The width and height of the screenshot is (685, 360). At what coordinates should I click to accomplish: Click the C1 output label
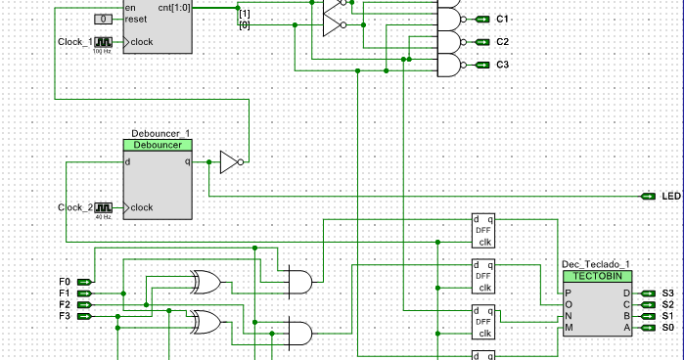click(x=502, y=20)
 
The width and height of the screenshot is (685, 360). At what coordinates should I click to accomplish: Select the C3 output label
click(x=502, y=65)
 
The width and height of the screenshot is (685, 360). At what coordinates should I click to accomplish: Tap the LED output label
click(x=670, y=197)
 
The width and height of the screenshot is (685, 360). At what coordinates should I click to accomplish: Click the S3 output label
click(x=667, y=293)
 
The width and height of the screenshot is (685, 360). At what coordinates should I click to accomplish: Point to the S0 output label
click(x=667, y=328)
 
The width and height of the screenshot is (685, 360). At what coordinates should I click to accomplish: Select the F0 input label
click(x=65, y=282)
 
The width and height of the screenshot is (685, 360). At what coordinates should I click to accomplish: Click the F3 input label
click(x=65, y=316)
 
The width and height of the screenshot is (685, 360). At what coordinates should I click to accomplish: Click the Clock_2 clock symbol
click(x=104, y=207)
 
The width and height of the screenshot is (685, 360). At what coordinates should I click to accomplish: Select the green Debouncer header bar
click(x=158, y=145)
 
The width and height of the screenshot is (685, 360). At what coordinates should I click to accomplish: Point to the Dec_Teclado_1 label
click(x=595, y=264)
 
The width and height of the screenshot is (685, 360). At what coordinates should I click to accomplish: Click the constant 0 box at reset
click(x=104, y=20)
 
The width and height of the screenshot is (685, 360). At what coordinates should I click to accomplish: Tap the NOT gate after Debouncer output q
click(x=229, y=162)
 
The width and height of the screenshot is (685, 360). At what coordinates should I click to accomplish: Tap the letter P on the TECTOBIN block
click(x=569, y=293)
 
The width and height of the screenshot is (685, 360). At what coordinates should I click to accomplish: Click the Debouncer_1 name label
click(x=160, y=132)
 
